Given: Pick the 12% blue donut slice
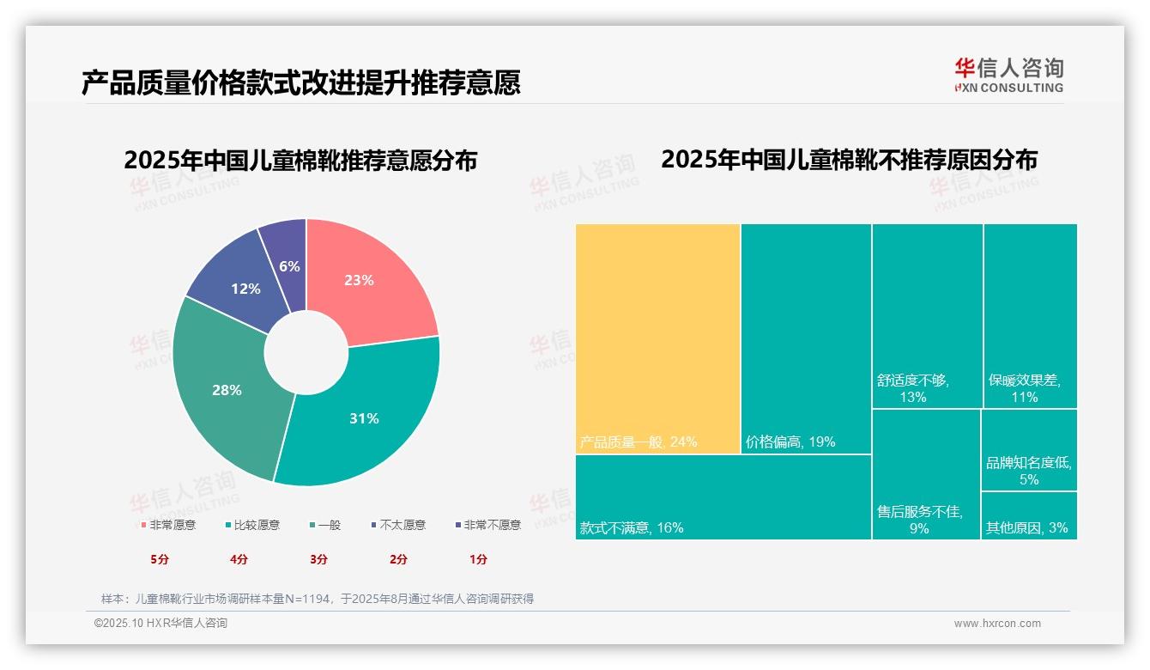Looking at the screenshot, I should point(245,289).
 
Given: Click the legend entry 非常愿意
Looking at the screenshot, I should point(171,525).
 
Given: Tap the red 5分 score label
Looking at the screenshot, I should point(160,559).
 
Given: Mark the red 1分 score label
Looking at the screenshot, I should point(478,559).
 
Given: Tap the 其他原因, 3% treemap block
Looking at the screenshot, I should point(1028,515).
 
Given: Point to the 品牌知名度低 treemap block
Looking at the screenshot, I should point(1028,450).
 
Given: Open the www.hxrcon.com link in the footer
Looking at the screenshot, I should point(997,624).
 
